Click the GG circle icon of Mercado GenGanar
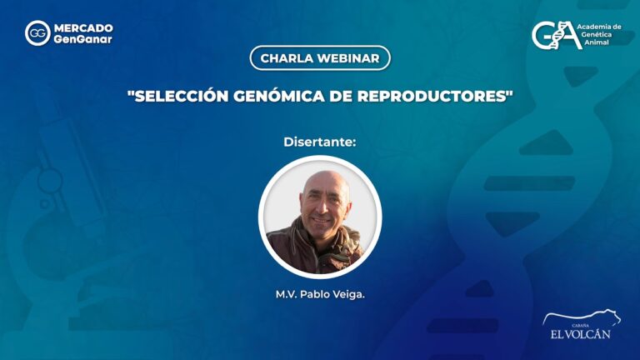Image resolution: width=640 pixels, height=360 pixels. click(x=37, y=33)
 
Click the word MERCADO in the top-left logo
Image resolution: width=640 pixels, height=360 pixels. click(x=82, y=27)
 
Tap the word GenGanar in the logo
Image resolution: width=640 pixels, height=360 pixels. click(x=82, y=39)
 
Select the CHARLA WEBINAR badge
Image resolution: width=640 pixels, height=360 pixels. click(x=319, y=58)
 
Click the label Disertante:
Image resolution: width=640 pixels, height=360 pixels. click(x=320, y=142)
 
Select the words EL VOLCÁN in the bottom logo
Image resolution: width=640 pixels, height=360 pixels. click(x=580, y=334)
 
